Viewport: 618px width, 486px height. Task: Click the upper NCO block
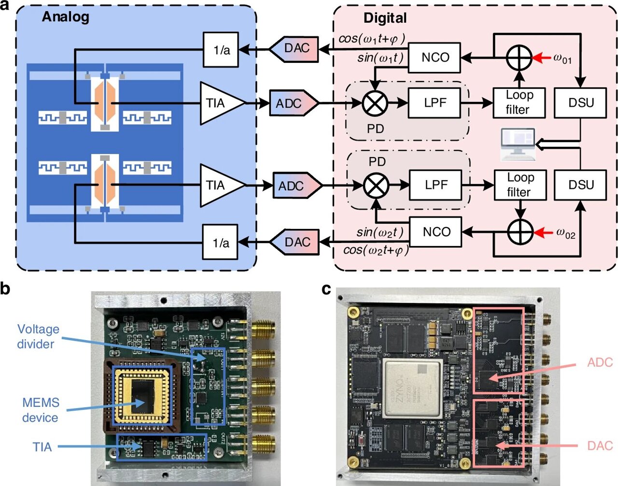click(x=435, y=57)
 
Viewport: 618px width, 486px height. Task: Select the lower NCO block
click(x=435, y=232)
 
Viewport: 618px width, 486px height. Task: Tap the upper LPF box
click(x=435, y=103)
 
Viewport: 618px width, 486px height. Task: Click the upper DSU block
click(x=580, y=103)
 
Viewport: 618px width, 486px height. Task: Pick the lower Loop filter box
click(x=520, y=185)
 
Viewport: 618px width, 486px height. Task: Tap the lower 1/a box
click(x=220, y=243)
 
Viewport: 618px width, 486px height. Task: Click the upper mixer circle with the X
click(x=375, y=103)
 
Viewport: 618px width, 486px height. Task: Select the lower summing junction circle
click(x=520, y=232)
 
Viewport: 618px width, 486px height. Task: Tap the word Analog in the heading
click(x=66, y=17)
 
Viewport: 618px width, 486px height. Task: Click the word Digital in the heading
click(x=385, y=18)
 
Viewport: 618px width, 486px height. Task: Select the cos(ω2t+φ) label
click(x=376, y=250)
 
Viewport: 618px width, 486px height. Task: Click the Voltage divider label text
click(x=38, y=336)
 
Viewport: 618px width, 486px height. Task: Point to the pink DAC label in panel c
click(x=600, y=445)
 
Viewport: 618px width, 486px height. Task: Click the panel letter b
click(x=5, y=288)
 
